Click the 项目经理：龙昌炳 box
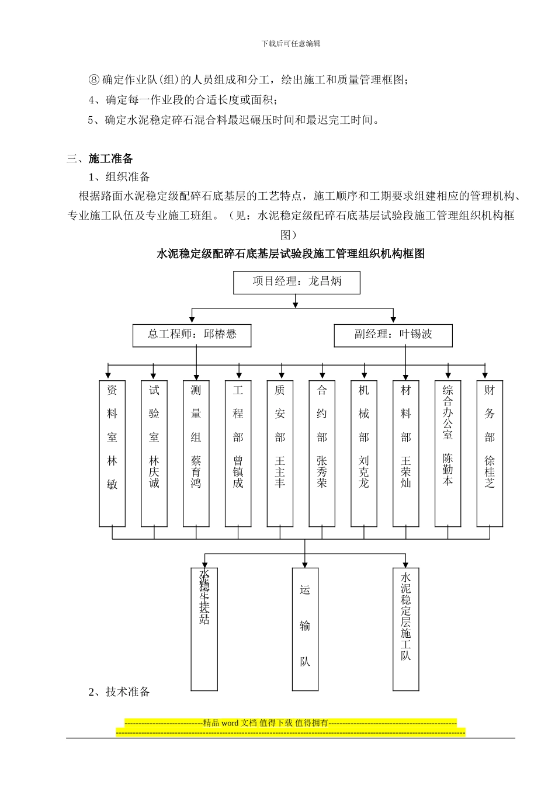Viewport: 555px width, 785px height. pos(296,282)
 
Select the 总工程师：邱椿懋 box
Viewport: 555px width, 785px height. pos(192,335)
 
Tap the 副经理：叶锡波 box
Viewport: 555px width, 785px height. pos(393,335)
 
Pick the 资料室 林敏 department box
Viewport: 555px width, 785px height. pos(112,453)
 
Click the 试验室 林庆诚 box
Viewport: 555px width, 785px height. pos(154,453)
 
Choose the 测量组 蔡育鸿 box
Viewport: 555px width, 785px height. pos(196,453)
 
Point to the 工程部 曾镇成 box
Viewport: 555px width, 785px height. pos(238,453)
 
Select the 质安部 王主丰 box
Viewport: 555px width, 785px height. pos(280,453)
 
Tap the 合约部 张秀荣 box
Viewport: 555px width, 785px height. pos(322,453)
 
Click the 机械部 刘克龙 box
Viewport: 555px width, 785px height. pos(364,453)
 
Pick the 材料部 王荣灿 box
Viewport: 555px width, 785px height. pos(406,453)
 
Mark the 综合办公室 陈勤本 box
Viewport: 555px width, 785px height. pos(448,453)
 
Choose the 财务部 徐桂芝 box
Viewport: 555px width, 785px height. pos(490,453)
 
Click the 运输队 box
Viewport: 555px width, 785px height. pos(305,628)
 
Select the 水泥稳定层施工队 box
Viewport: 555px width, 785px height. pos(406,628)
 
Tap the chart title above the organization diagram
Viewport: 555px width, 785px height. pos(290,253)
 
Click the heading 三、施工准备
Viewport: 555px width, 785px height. pos(100,158)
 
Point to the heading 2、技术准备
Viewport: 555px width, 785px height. pos(119,692)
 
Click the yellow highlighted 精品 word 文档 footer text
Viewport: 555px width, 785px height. pos(290,723)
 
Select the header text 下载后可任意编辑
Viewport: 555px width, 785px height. pos(290,43)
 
